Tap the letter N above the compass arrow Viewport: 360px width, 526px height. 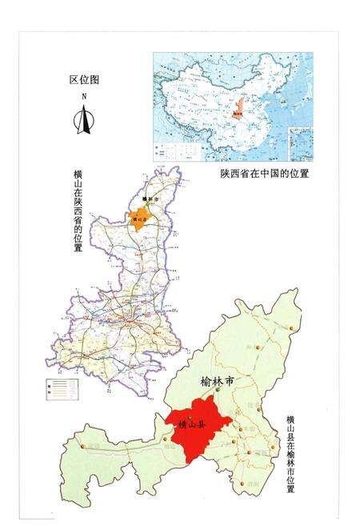point(82,96)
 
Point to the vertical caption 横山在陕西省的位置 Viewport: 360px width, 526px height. point(77,211)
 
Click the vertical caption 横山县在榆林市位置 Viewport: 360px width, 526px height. point(290,453)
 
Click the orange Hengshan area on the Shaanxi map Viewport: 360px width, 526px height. point(142,217)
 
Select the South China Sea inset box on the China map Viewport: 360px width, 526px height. point(302,144)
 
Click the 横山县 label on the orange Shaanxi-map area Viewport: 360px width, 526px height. point(141,218)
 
